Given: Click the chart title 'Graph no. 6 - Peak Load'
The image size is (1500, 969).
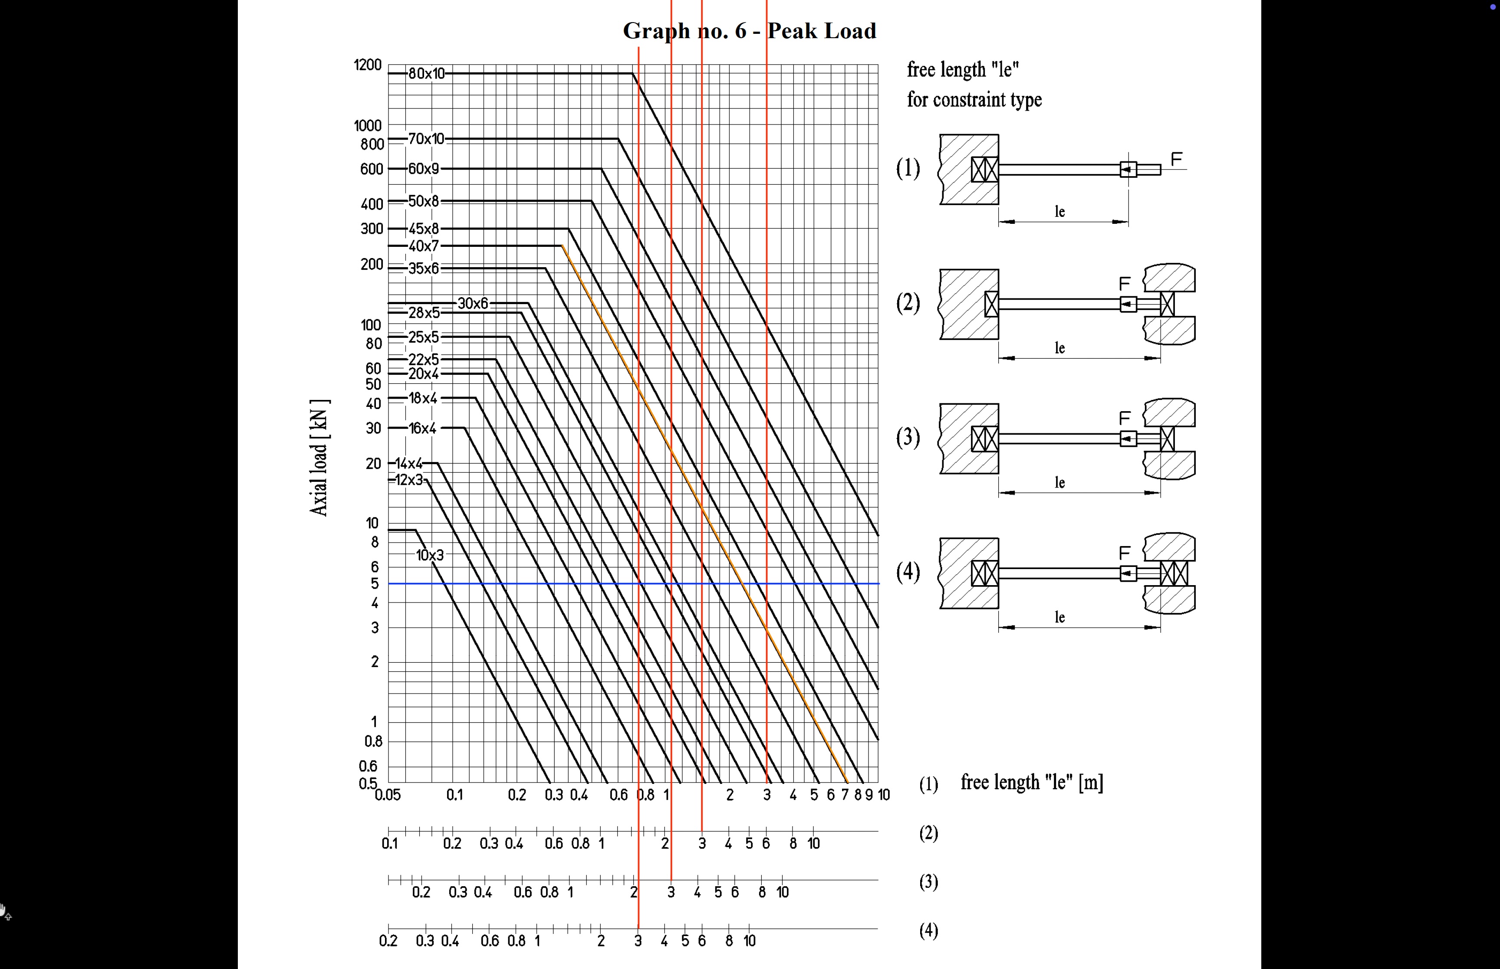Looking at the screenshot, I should (749, 31).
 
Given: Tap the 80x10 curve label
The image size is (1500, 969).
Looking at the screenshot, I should (426, 74).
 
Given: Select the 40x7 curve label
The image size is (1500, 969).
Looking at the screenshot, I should (423, 246).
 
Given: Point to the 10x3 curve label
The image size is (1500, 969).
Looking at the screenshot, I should (430, 555).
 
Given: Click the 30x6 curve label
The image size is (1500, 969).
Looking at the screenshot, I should (473, 303).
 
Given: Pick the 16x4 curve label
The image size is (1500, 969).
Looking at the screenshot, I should (422, 429).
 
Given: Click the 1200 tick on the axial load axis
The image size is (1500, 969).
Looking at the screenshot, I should (368, 65).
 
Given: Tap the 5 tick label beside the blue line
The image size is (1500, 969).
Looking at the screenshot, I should (375, 584).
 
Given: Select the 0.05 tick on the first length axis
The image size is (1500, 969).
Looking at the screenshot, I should (388, 795).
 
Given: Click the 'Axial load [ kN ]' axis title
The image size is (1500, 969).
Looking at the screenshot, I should (319, 458).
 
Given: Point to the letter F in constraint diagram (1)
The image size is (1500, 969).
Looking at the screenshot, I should (1176, 159).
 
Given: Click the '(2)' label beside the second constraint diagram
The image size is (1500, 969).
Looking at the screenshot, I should (908, 303).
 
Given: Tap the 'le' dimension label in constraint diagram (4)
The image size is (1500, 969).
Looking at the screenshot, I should (1060, 617).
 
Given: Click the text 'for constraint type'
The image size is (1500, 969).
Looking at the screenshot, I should (974, 99).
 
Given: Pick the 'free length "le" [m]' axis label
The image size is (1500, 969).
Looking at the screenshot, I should (1032, 782).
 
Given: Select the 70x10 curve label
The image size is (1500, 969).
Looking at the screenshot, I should (426, 138).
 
